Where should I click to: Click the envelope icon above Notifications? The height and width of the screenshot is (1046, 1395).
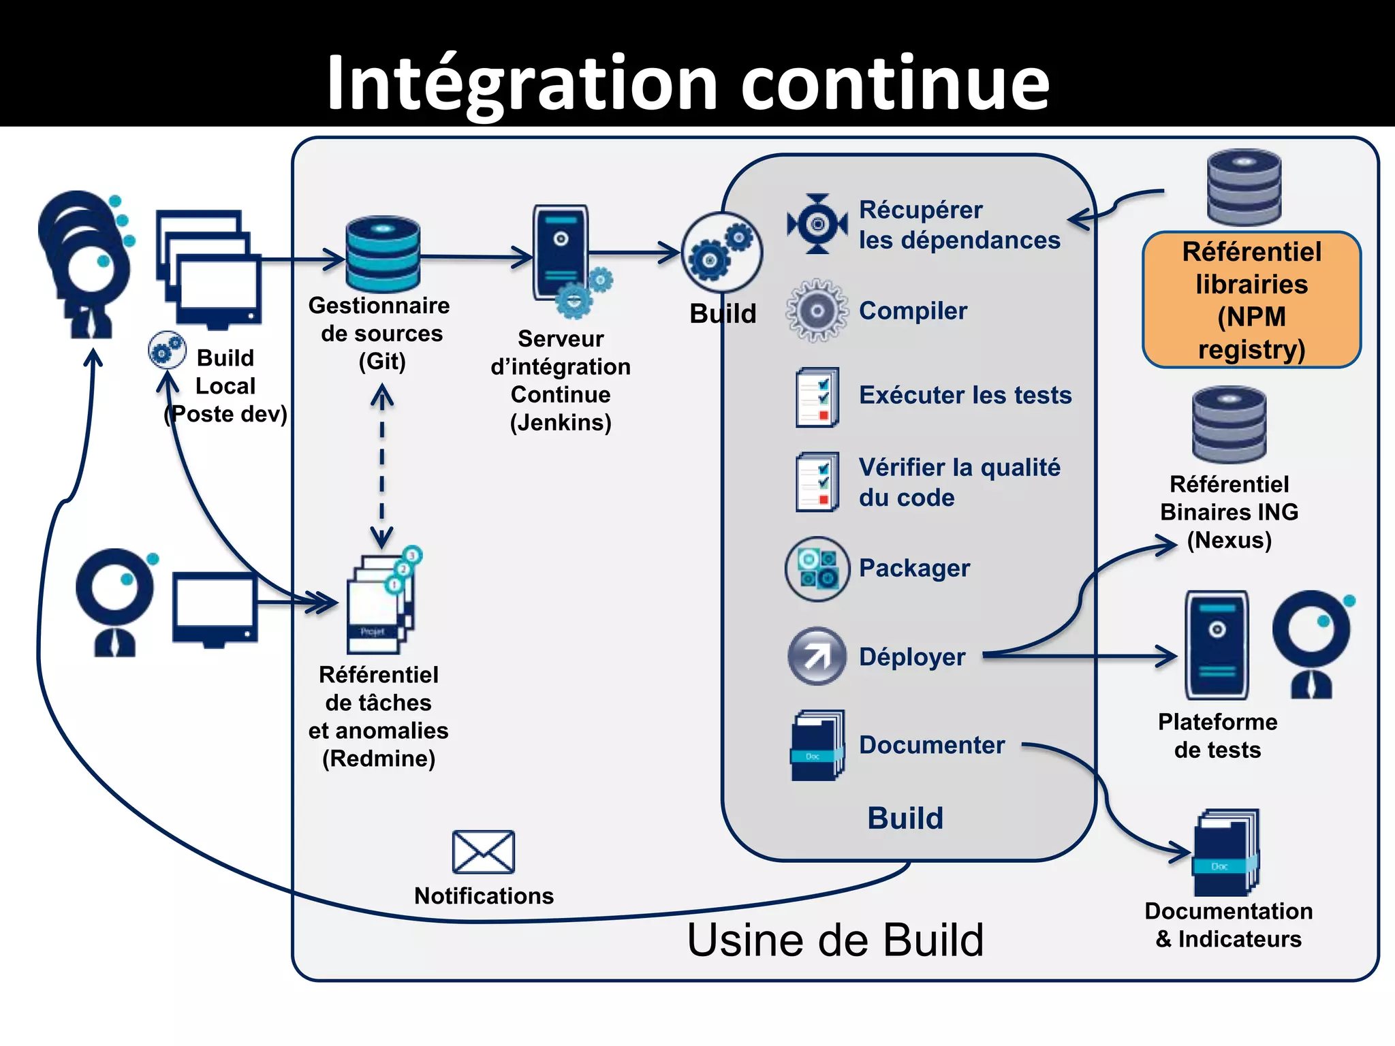[483, 851]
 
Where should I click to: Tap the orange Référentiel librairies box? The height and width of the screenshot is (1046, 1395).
[1251, 300]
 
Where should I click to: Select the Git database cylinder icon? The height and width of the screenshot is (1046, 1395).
[382, 254]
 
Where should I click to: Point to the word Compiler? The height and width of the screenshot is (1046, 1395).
[913, 311]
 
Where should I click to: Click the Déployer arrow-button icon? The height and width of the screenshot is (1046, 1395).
[817, 656]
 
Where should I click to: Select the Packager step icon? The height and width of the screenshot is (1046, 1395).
[817, 569]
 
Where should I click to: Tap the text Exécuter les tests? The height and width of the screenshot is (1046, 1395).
[965, 395]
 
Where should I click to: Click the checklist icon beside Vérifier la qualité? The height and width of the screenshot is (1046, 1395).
[817, 482]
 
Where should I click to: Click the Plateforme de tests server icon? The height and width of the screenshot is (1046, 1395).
[1217, 645]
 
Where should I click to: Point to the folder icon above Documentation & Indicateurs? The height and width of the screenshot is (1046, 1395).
[1225, 853]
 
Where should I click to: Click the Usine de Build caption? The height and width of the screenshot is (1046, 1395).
[835, 940]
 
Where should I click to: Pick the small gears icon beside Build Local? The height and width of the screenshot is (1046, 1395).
[167, 350]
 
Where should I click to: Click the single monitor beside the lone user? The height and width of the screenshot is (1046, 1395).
[215, 608]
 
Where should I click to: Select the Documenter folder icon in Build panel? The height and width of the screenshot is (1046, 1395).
[817, 746]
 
